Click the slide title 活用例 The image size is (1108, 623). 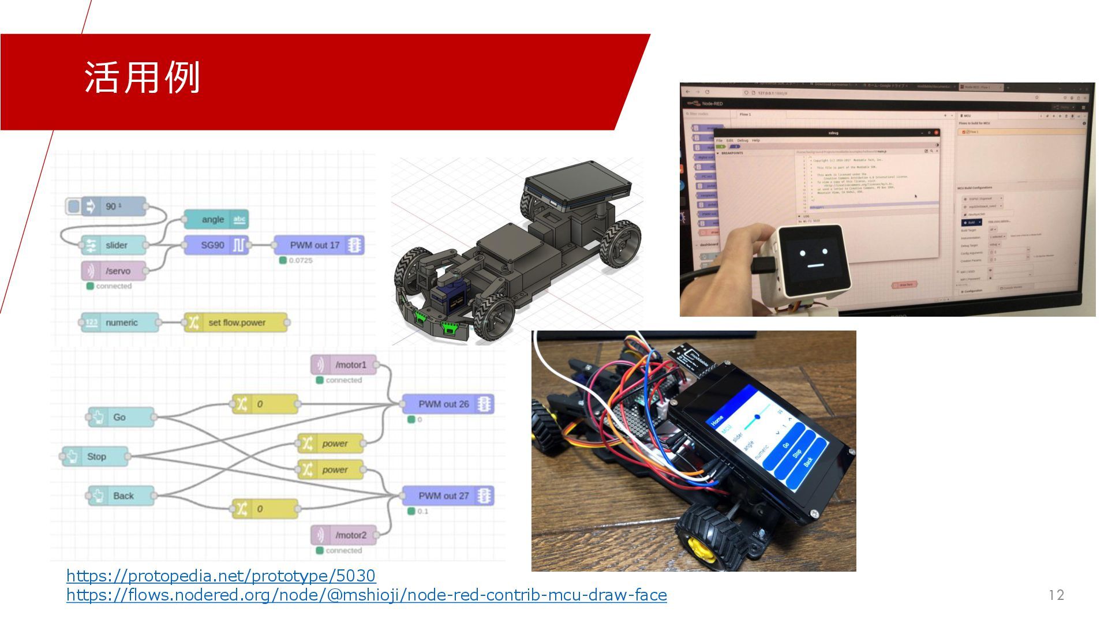tap(142, 77)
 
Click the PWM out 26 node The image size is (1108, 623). tap(447, 404)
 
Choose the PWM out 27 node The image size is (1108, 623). tap(447, 496)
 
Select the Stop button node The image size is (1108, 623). tap(96, 456)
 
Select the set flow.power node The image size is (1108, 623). tap(236, 322)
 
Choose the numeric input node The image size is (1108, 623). tap(119, 322)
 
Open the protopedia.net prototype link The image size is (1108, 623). tap(220, 576)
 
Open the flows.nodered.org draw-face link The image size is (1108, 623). tap(366, 595)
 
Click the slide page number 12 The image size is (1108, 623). tap(1056, 595)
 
